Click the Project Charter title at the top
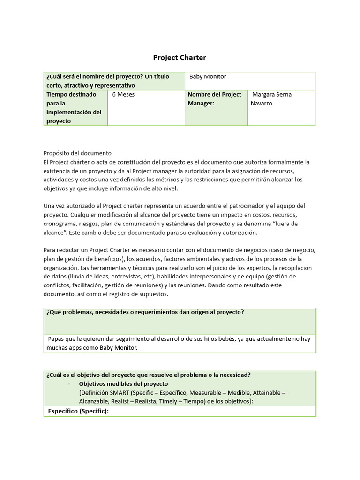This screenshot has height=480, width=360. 180,58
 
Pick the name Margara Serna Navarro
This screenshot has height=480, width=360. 271,98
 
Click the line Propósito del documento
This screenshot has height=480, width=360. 77,153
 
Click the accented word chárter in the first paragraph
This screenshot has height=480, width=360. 83,162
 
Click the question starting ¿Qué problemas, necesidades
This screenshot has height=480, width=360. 145,312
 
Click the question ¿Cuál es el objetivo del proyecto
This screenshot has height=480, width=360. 148,375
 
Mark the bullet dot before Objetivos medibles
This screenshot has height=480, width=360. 68,384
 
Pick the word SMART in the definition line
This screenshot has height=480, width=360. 119,393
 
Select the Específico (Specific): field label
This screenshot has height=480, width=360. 78,411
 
